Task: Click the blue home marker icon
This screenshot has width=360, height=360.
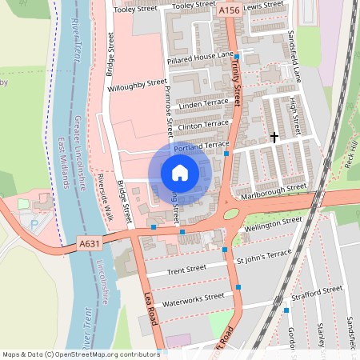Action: click(x=180, y=172)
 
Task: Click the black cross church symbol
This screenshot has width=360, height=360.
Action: click(x=274, y=138)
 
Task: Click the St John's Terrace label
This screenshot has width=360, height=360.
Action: click(x=263, y=255)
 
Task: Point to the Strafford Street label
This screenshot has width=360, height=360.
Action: click(x=318, y=290)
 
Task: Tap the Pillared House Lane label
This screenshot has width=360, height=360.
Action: click(x=200, y=58)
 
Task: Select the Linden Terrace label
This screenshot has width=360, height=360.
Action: click(x=204, y=105)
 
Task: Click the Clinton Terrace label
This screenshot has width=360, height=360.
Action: click(x=204, y=125)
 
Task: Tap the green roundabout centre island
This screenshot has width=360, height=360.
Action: click(x=230, y=214)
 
